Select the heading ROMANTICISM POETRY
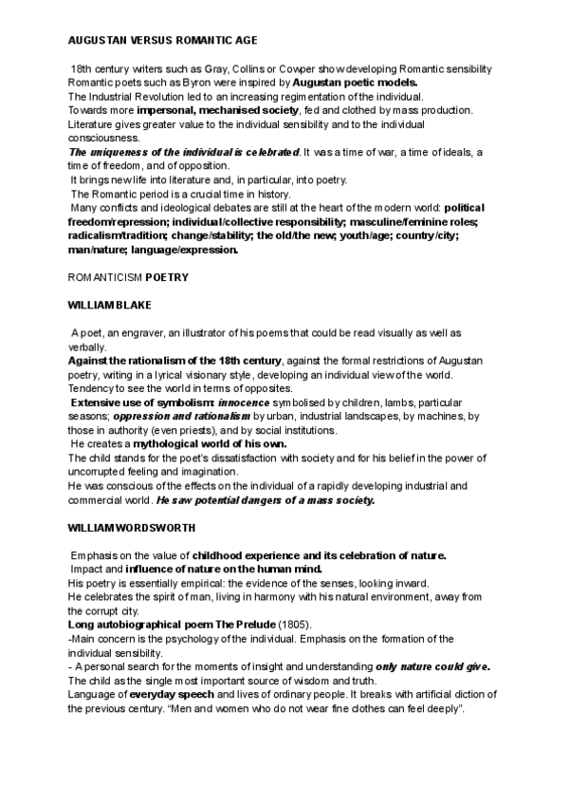tap(128, 279)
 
